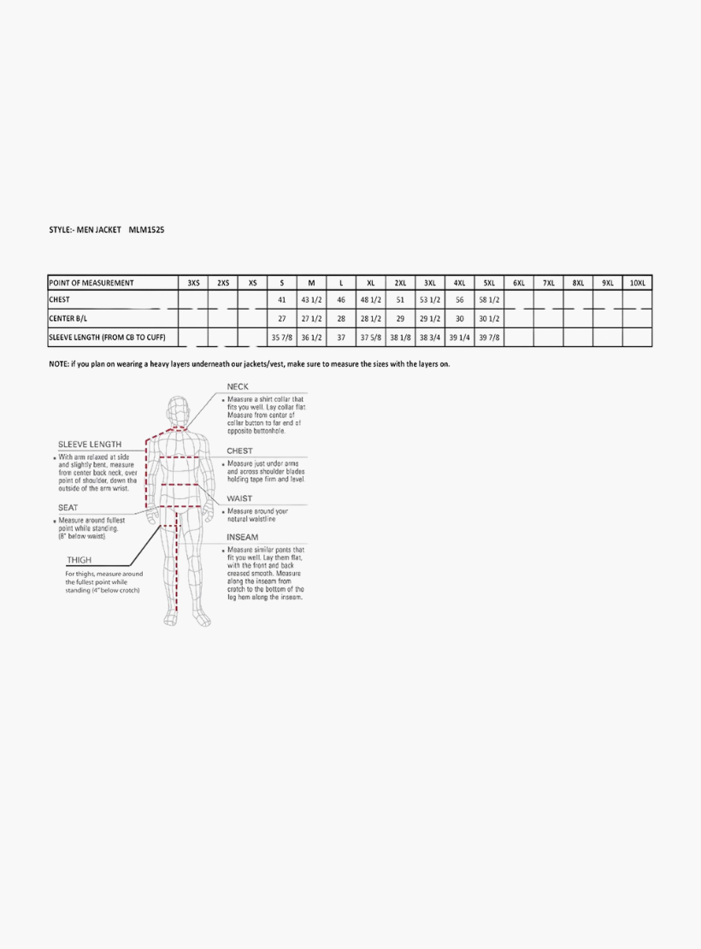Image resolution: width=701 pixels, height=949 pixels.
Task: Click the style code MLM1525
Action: [x=146, y=230]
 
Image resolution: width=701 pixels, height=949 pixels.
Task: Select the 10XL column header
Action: [x=637, y=283]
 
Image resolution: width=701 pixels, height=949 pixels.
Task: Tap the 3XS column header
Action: [x=193, y=283]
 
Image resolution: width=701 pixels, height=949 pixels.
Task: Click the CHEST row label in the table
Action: [x=60, y=300]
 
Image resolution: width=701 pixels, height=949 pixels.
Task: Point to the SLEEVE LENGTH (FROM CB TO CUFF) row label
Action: [x=107, y=338]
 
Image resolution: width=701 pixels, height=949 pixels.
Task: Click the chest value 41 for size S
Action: [x=281, y=300]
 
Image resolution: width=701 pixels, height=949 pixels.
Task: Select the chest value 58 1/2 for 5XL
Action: [x=489, y=300]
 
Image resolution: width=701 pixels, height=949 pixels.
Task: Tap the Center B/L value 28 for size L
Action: [x=340, y=318]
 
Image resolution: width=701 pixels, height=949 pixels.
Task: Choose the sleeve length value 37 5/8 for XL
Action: [x=370, y=338]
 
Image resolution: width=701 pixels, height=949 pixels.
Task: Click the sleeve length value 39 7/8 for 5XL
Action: [x=489, y=338]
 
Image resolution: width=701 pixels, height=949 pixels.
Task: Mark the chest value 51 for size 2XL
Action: [x=400, y=300]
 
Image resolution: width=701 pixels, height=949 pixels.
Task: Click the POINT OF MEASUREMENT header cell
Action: [x=91, y=283]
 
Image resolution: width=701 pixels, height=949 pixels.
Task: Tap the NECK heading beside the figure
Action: [x=238, y=386]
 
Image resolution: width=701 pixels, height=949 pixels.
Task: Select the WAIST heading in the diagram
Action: [x=239, y=498]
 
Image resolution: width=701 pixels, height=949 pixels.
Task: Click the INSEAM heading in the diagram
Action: [x=242, y=537]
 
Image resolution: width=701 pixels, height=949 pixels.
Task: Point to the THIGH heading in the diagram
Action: [x=80, y=561]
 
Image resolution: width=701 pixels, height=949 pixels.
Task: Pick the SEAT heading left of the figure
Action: [x=68, y=508]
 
